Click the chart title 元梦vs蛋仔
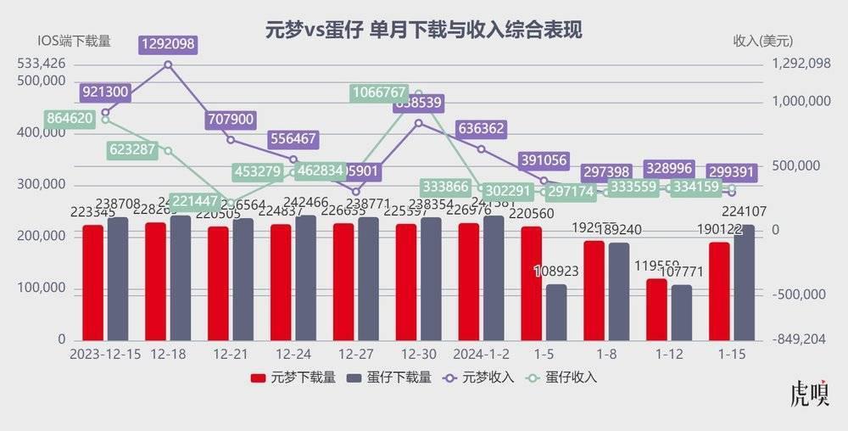point(423,30)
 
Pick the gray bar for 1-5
point(556,311)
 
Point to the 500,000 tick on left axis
point(42,80)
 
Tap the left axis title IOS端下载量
point(75,41)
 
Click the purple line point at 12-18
point(168,64)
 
